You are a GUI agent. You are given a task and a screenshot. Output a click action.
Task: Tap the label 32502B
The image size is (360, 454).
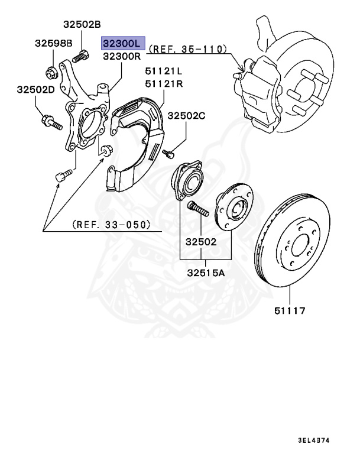[x=83, y=24]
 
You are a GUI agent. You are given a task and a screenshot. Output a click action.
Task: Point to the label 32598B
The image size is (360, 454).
[x=53, y=43]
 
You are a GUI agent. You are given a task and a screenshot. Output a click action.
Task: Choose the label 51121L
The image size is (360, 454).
[x=164, y=72]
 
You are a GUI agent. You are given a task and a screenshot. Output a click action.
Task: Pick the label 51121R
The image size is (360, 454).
[x=164, y=83]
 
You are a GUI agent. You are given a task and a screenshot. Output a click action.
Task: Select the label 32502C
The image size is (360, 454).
[x=187, y=116]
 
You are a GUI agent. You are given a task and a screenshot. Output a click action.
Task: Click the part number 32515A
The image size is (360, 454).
[x=206, y=273]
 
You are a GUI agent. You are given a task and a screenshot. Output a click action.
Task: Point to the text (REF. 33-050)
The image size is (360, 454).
[x=111, y=225]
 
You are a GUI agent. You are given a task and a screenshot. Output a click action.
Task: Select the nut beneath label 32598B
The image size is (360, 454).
[x=52, y=73]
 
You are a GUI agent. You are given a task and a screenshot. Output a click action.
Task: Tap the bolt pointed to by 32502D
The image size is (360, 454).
[x=51, y=124]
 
